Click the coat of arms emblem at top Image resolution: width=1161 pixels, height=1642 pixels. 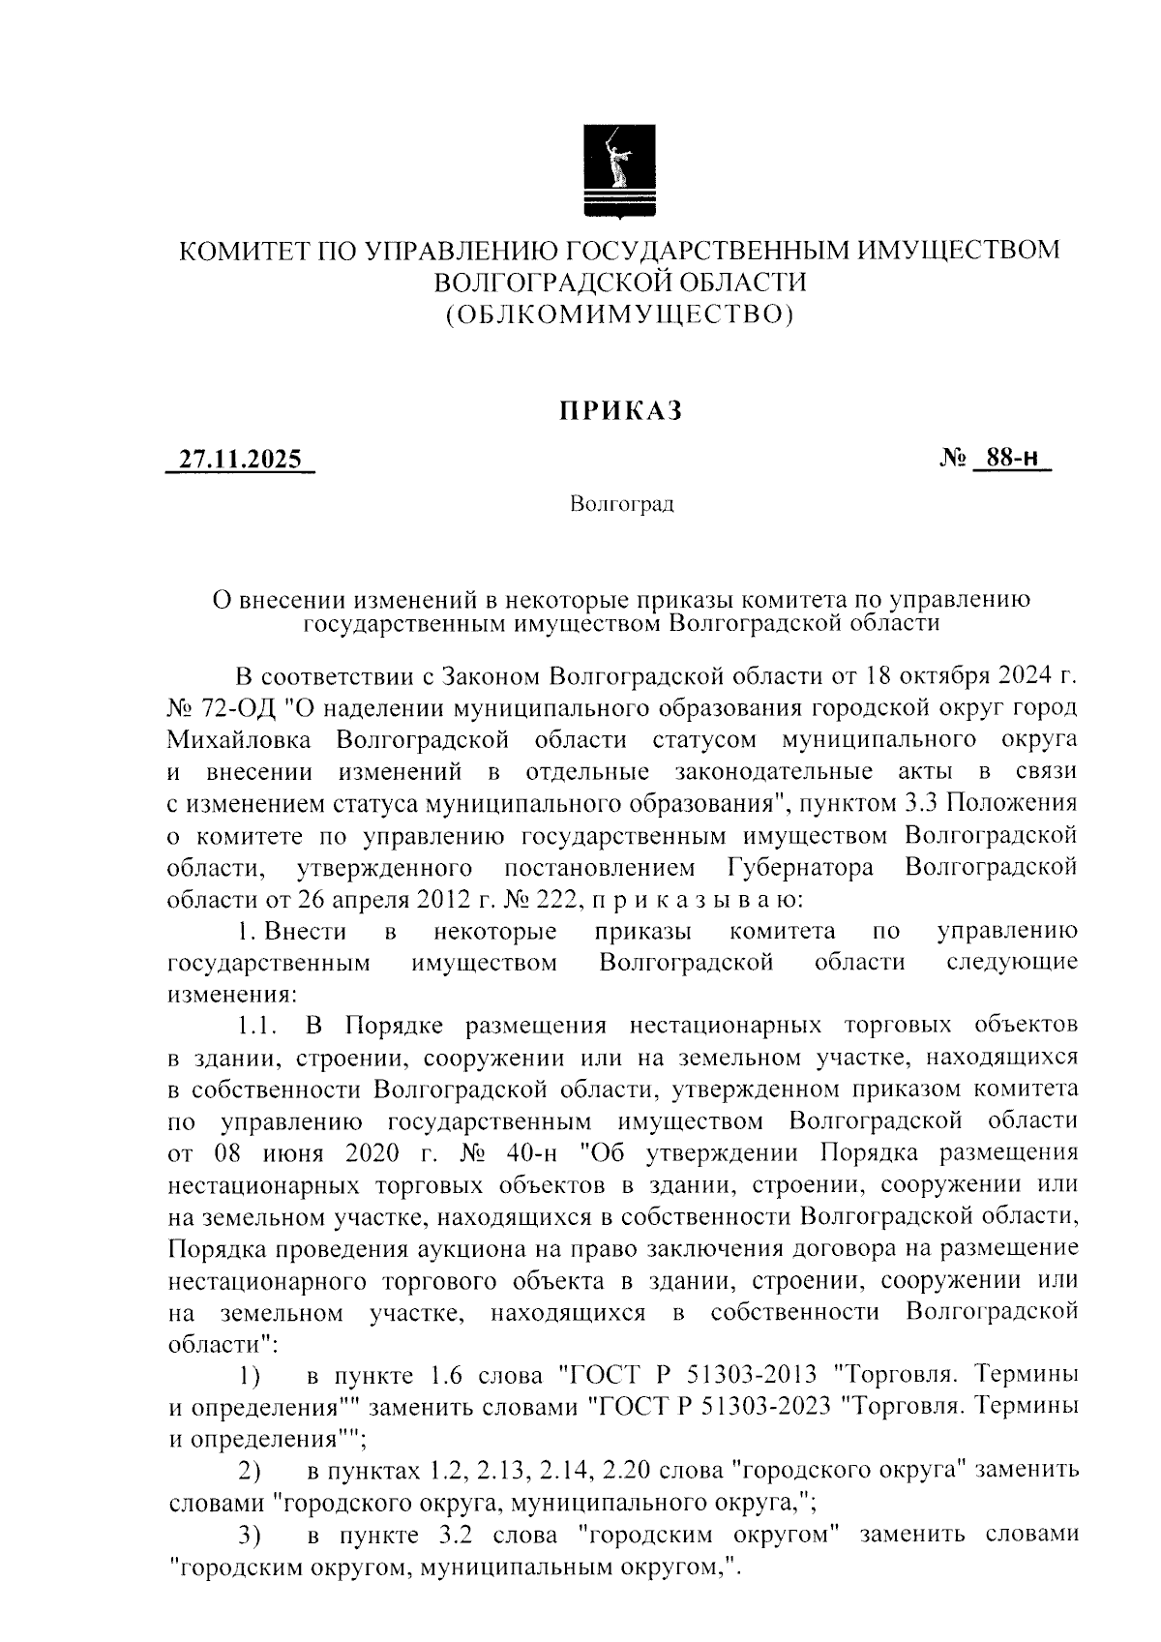620,171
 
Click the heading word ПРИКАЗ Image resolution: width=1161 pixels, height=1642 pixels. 620,411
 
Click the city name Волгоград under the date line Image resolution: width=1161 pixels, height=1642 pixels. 621,504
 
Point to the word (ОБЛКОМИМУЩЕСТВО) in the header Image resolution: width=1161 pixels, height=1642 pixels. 620,313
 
